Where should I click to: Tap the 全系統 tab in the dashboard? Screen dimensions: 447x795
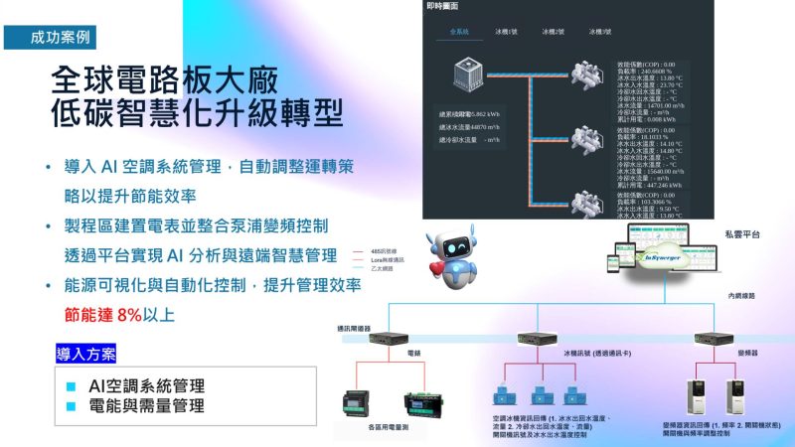click(458, 31)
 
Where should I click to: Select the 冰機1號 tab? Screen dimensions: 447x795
click(506, 31)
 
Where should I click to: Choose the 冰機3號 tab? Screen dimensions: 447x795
click(600, 31)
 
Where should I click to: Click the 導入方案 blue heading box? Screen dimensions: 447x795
click(86, 353)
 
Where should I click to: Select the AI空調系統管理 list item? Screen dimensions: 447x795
click(146, 385)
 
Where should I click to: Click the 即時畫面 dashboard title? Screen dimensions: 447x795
click(443, 6)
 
